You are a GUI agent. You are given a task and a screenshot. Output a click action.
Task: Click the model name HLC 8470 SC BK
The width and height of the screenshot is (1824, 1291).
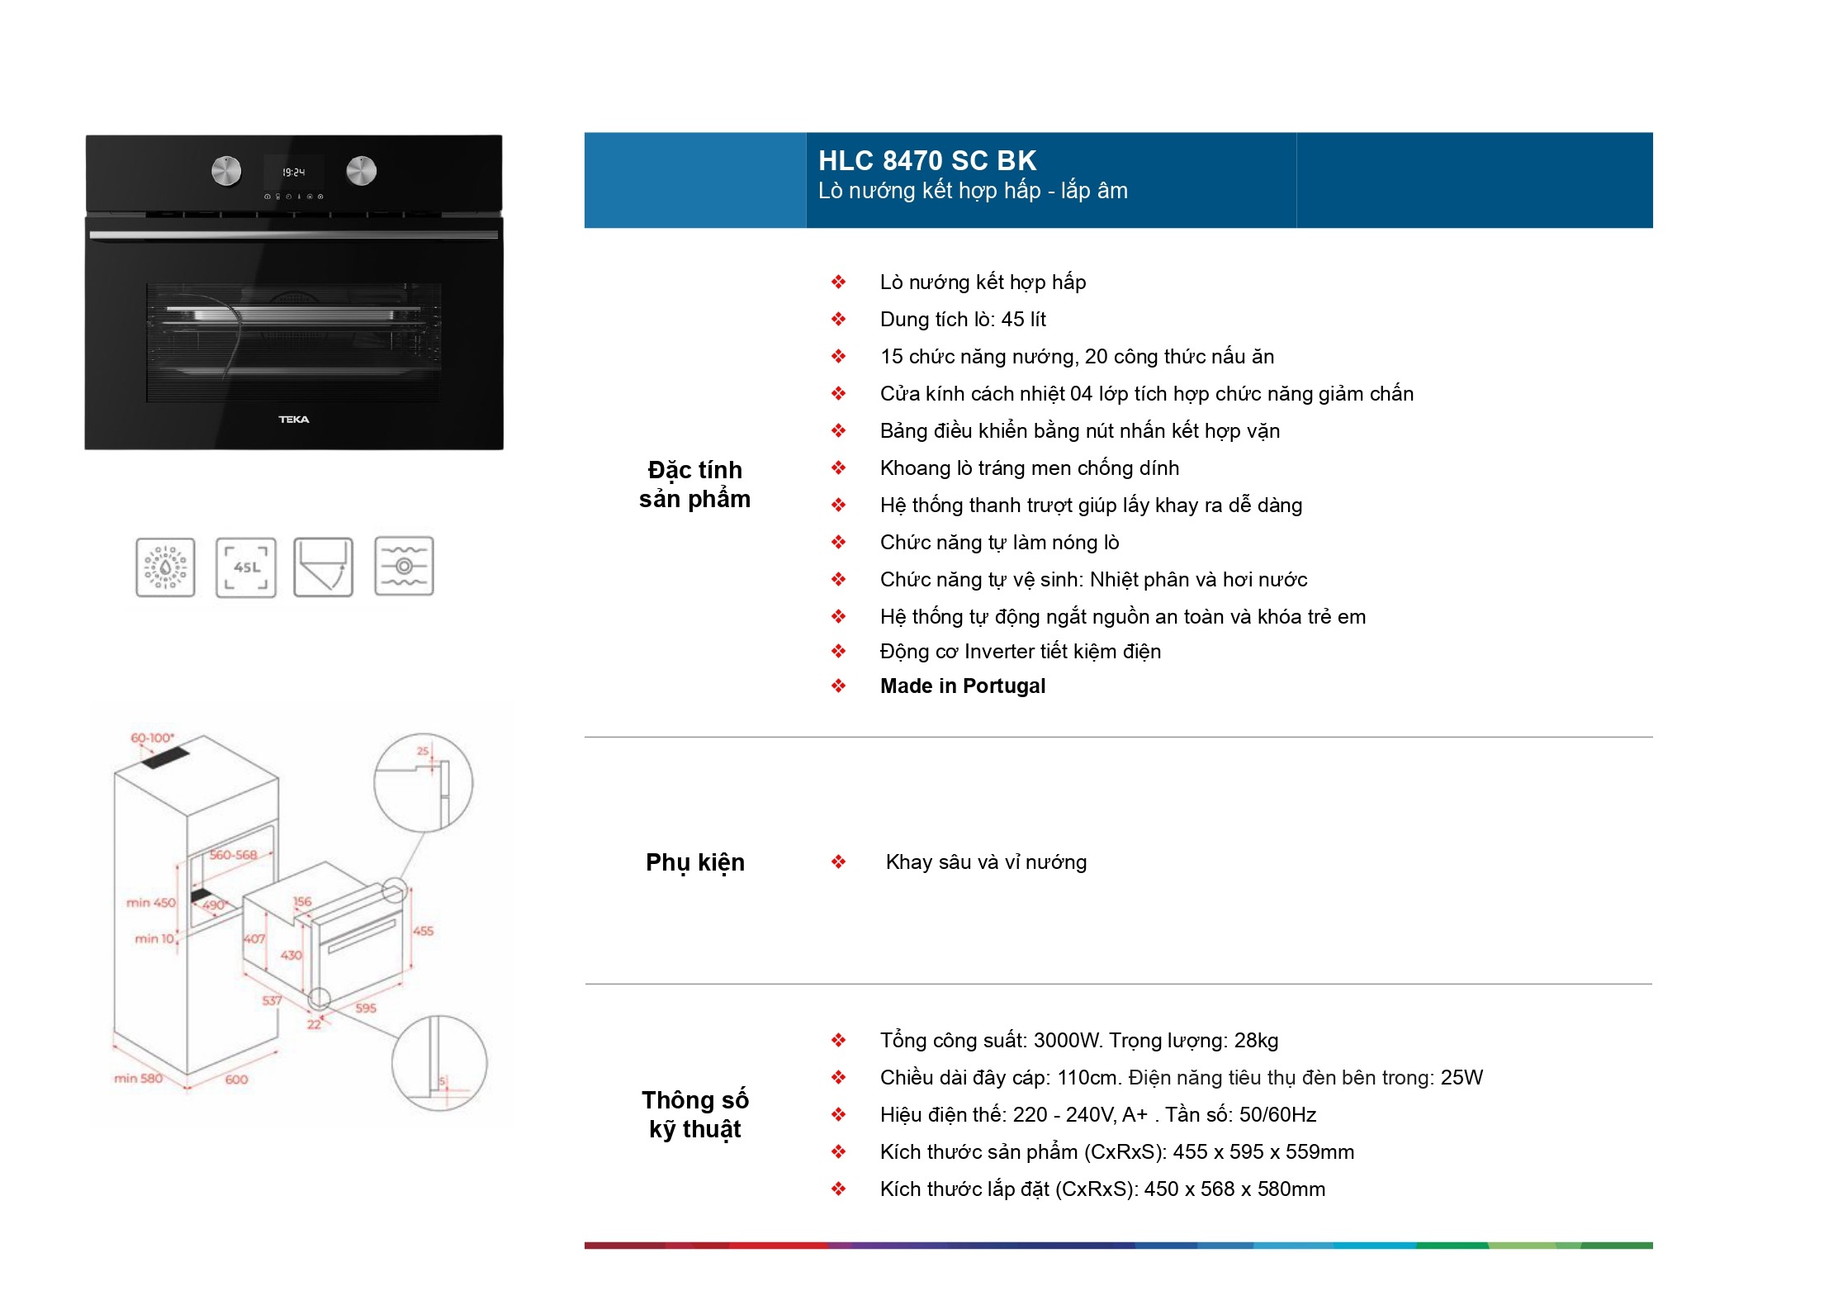pos(926,160)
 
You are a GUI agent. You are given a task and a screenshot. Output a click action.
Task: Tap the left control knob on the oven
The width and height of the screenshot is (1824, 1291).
pos(226,171)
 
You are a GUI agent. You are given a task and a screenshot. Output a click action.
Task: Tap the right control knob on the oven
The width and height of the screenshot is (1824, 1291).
pos(361,170)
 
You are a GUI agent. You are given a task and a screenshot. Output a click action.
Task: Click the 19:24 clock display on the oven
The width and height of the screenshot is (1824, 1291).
pos(293,173)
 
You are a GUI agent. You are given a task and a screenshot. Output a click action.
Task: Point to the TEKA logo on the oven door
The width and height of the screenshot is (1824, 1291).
pos(294,420)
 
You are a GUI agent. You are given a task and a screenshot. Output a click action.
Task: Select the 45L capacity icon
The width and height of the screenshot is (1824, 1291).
pos(246,567)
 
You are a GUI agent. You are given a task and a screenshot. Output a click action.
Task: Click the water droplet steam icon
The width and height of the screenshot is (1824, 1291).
pos(166,567)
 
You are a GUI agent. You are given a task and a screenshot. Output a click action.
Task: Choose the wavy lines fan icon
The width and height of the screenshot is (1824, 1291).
pos(404,567)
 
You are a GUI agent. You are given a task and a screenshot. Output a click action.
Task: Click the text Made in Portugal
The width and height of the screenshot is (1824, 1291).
pos(963,686)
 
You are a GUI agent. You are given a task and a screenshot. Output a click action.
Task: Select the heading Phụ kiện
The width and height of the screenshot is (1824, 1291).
pos(695,862)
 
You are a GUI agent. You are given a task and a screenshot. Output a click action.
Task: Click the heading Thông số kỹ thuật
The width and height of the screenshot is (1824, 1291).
pos(695,1114)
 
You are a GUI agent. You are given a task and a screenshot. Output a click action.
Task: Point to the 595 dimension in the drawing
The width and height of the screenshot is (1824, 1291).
pos(366,1009)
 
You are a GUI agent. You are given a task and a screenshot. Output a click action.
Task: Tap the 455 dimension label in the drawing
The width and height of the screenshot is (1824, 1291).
pos(424,931)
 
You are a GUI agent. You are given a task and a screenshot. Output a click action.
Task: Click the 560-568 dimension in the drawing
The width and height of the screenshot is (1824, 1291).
pos(233,855)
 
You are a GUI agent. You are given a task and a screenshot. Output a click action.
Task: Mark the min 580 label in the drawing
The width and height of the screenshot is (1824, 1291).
pos(138,1078)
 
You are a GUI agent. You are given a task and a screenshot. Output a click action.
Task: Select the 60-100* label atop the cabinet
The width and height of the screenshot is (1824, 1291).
pos(152,738)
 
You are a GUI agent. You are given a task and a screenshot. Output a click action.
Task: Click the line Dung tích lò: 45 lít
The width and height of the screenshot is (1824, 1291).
pos(963,320)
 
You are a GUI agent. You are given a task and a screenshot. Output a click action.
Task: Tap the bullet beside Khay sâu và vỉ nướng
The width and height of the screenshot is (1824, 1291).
pos(839,862)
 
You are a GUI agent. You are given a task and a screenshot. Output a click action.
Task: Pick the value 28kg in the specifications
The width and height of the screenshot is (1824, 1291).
pos(1256,1041)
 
